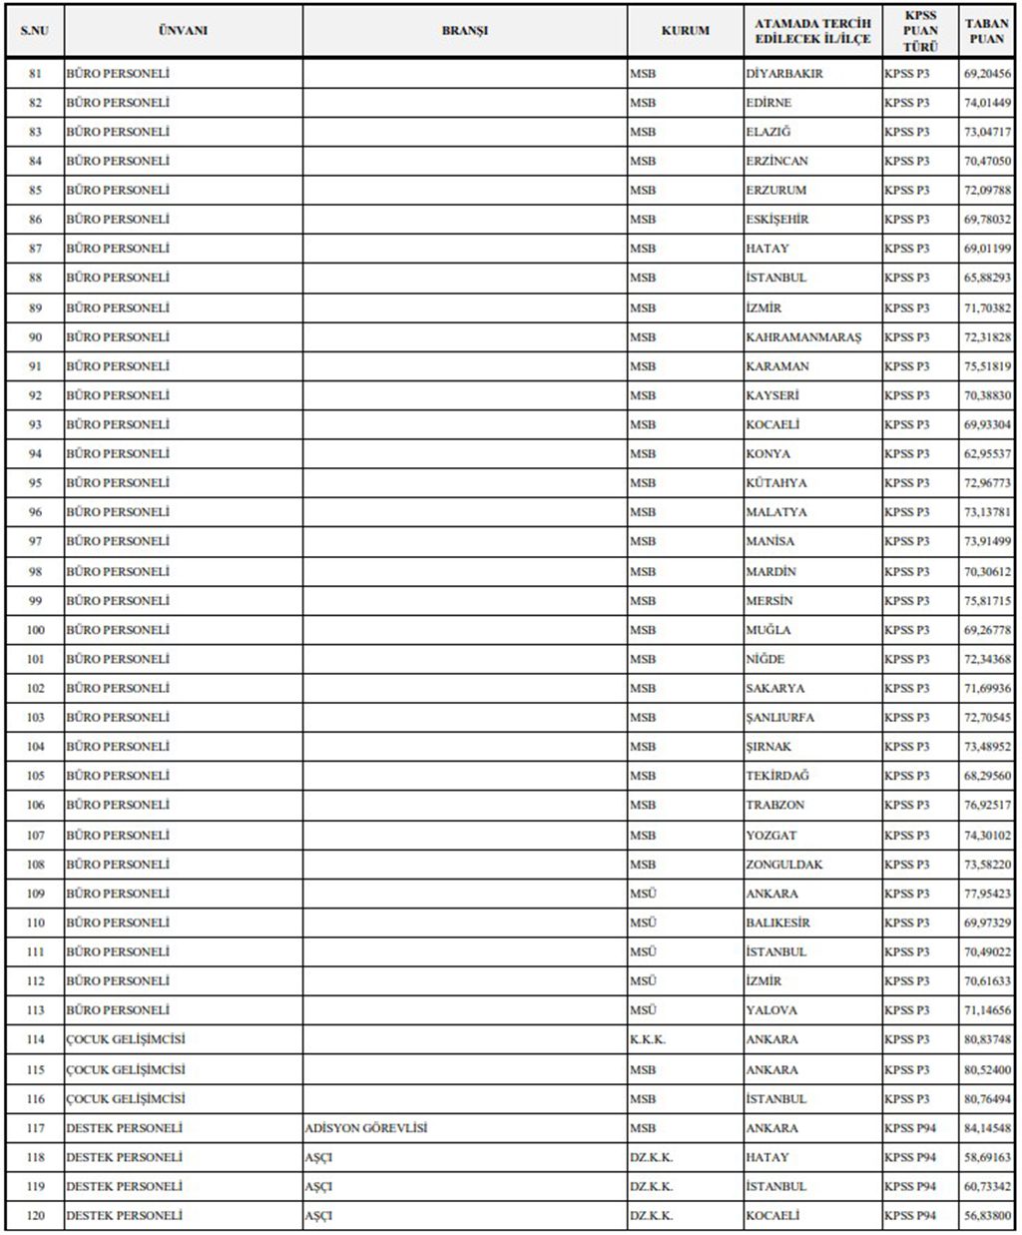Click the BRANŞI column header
(465, 30)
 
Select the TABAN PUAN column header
(986, 30)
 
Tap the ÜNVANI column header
(183, 30)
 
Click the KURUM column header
(685, 30)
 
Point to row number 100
(36, 630)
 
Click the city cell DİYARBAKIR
(784, 74)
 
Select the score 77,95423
(986, 894)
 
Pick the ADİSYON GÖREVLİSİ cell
(366, 1128)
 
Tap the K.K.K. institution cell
(648, 1039)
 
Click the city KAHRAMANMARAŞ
(803, 337)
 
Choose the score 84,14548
(986, 1128)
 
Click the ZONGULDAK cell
(784, 865)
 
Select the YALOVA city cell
(771, 1010)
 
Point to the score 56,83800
(986, 1216)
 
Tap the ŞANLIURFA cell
(780, 718)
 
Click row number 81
(36, 74)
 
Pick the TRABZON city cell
(775, 805)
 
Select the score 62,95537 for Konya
(986, 454)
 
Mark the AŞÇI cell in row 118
(318, 1158)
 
